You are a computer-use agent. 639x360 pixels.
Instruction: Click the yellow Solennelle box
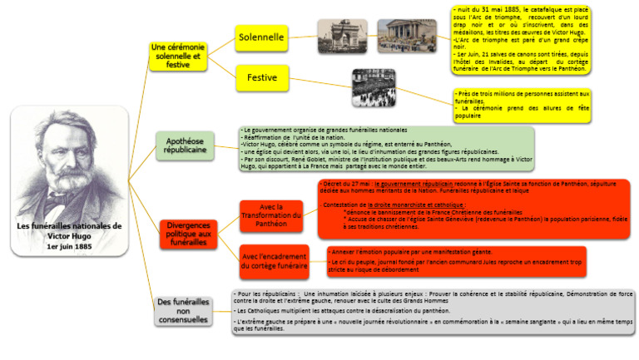[261, 37]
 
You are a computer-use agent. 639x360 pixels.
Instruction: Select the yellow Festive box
[261, 78]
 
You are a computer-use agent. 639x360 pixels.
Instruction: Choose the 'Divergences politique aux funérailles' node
[188, 234]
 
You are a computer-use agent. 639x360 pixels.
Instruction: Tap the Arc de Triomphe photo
[342, 37]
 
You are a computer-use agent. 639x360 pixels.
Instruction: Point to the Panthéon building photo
[406, 37]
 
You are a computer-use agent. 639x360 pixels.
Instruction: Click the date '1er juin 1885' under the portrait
[70, 247]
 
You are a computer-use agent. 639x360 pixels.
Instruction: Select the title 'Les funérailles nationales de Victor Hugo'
[70, 230]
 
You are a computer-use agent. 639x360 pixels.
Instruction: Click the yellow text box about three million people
[522, 105]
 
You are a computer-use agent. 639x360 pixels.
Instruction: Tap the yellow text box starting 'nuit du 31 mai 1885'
[515, 39]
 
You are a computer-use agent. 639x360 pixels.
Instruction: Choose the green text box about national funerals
[385, 149]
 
